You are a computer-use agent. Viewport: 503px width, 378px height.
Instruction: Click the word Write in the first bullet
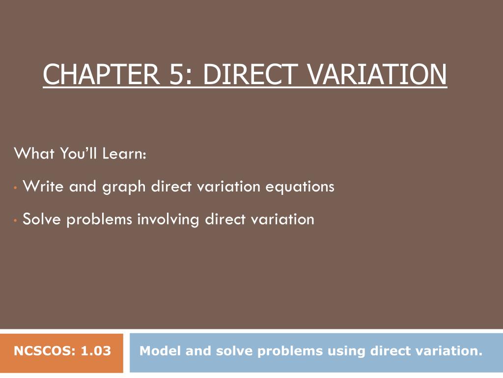coord(43,187)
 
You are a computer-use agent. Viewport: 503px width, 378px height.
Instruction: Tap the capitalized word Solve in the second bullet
coord(42,219)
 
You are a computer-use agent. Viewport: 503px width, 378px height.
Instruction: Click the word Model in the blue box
coord(156,351)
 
